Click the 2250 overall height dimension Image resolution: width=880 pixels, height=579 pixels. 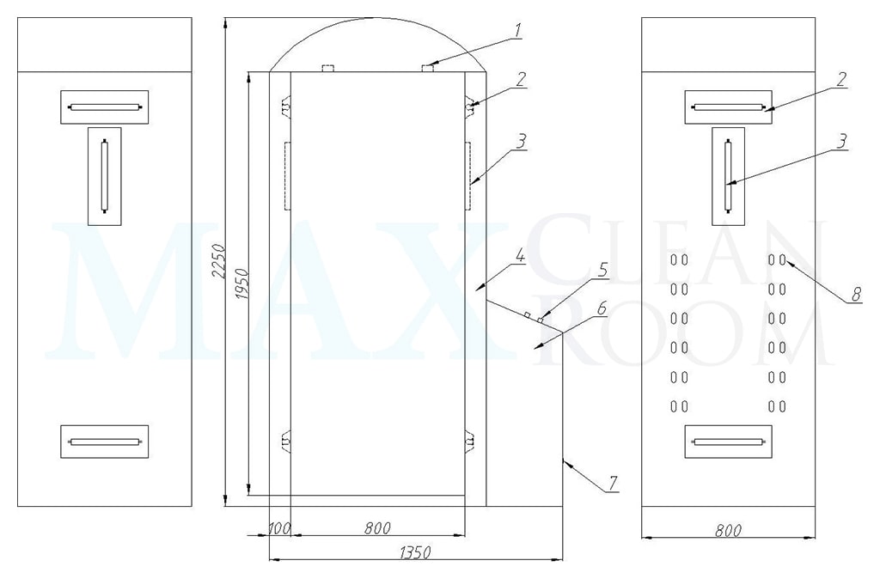click(218, 261)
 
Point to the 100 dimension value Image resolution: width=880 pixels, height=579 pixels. click(279, 528)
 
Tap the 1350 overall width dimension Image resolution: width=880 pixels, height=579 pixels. click(415, 552)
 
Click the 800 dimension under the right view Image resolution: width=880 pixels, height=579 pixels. click(728, 530)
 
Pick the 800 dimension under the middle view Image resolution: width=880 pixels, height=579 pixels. click(377, 528)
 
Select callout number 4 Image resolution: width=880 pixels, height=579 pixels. click(520, 257)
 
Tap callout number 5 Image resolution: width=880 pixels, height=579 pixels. click(602, 270)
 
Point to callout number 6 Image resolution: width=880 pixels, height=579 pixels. click(601, 308)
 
